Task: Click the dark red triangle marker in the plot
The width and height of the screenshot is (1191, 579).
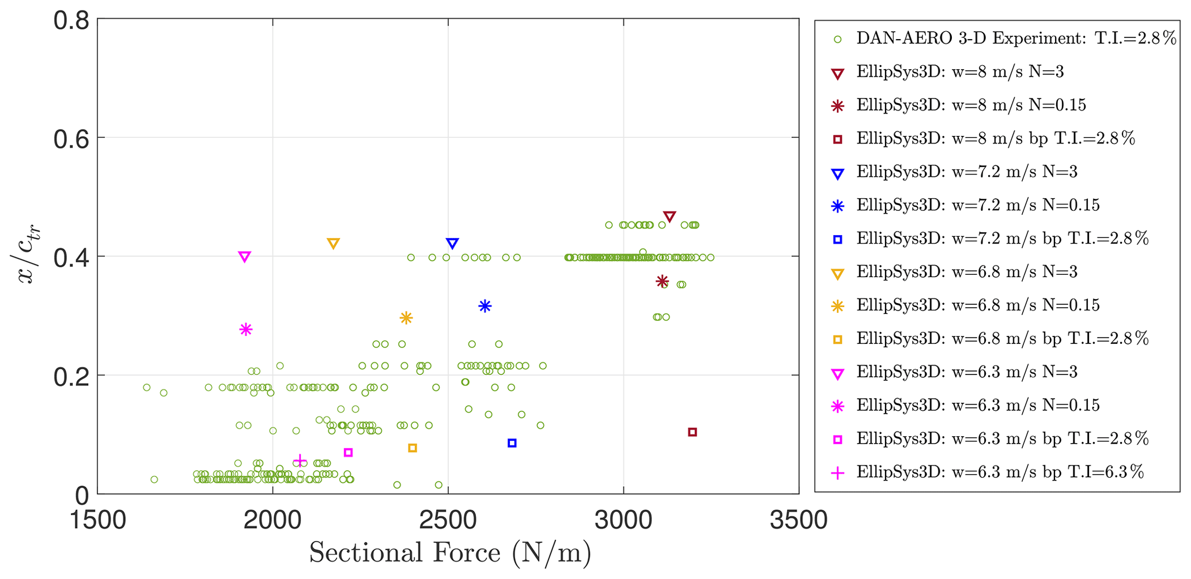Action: tap(669, 217)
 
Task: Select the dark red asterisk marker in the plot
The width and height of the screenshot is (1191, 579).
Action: tap(662, 281)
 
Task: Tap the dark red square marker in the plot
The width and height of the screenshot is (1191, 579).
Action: tap(693, 432)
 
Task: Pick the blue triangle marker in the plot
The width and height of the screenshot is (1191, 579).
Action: tap(452, 243)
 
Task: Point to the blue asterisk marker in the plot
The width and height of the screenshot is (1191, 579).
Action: tap(485, 306)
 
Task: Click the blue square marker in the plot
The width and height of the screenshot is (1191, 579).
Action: tap(512, 443)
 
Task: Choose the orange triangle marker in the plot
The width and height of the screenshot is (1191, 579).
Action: tap(333, 243)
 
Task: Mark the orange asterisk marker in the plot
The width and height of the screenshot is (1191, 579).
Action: tap(406, 317)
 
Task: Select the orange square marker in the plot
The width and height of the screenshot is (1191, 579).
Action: tap(413, 448)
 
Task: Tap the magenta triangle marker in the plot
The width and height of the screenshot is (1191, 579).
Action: tap(244, 256)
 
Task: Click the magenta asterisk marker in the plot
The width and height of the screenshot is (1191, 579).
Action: tap(246, 330)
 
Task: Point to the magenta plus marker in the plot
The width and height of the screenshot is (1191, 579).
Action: tap(300, 460)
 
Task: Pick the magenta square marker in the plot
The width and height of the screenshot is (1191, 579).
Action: tap(348, 453)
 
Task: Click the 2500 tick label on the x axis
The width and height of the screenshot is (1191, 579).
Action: tap(448, 520)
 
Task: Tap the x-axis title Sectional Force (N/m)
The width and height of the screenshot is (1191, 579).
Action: tap(450, 553)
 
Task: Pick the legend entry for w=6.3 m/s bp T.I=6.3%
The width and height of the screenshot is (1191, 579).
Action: tap(1000, 472)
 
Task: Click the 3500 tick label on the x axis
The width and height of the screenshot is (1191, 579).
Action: tap(799, 520)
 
